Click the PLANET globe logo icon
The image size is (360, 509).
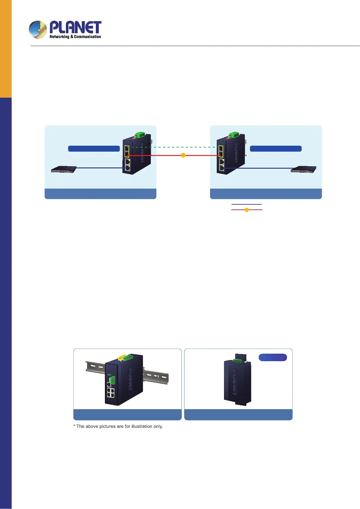pos(38,30)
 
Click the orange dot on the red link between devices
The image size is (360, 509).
pos(183,155)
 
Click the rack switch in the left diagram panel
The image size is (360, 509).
pos(63,169)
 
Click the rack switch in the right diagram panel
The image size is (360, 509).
pos(303,169)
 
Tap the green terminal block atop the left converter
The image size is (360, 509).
pos(139,135)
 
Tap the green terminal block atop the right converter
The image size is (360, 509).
pos(234,135)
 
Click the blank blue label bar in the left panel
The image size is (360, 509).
pos(94,148)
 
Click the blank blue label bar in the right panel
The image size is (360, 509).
pos(276,148)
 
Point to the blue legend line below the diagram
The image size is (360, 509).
pos(246,204)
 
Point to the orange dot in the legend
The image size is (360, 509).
pos(247,210)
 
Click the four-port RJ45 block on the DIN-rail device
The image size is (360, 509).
pos(110,393)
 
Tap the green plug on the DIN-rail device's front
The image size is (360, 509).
pos(112,380)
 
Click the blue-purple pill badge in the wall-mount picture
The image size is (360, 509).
pos(273,357)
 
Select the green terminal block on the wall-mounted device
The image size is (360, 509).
pos(238,361)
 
